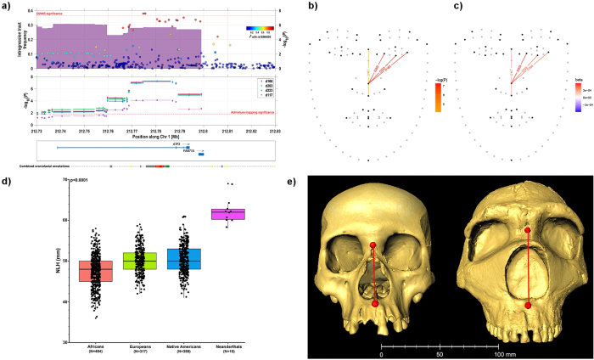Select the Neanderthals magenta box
pyautogui.click(x=228, y=213)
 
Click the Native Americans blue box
pyautogui.click(x=182, y=259)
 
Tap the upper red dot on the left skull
pyautogui.click(x=373, y=246)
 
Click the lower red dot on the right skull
pyautogui.click(x=528, y=304)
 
